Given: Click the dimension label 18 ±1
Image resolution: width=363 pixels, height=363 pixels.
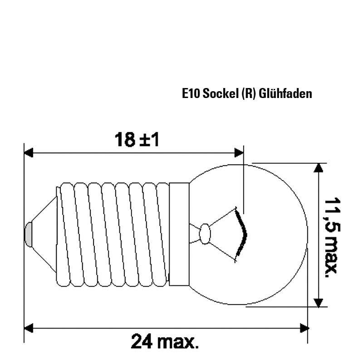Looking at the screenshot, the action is [137, 140].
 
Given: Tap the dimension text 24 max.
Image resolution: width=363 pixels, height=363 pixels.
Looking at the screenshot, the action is [165, 342].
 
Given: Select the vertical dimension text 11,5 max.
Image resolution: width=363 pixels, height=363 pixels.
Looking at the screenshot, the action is [333, 237].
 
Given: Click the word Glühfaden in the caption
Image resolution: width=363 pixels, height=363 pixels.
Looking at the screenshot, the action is [285, 94].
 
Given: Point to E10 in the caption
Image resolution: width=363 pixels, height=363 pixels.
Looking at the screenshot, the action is [191, 94].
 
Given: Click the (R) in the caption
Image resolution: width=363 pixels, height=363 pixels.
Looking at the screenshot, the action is [249, 94].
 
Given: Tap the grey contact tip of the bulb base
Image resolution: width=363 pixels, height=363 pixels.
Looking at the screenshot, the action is [29, 234].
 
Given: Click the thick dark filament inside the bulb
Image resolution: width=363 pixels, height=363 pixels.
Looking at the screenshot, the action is [241, 234].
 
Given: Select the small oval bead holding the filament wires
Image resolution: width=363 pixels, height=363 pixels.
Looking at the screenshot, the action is [205, 234].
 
